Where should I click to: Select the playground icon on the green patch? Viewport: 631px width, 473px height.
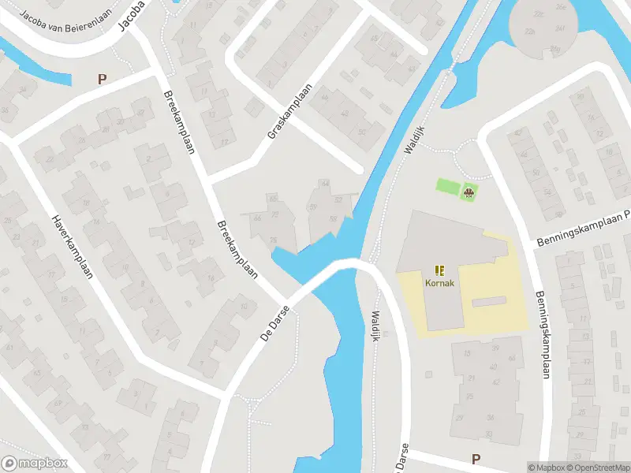tap(469, 192)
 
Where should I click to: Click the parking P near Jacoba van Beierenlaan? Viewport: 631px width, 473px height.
tap(101, 79)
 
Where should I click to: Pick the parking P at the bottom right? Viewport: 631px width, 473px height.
tap(476, 459)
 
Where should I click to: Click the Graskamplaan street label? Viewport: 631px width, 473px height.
tap(290, 112)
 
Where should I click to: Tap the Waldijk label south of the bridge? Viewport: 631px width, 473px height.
tap(376, 324)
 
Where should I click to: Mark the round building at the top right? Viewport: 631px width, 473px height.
tap(543, 28)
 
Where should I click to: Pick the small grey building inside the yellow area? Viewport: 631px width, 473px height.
tap(488, 301)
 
